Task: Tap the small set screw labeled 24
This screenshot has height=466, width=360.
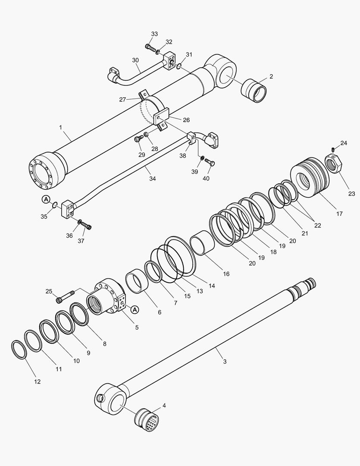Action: click(x=334, y=149)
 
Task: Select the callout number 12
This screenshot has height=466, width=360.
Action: click(x=38, y=381)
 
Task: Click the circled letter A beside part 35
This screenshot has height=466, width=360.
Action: click(x=46, y=199)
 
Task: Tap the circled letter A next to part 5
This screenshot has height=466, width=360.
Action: click(x=135, y=309)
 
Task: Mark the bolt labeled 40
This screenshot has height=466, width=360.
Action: click(x=210, y=163)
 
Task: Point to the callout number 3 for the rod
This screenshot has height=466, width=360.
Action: click(x=224, y=361)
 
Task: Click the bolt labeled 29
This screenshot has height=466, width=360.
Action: click(x=138, y=139)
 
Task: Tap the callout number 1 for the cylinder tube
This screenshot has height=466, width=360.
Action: click(x=60, y=127)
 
